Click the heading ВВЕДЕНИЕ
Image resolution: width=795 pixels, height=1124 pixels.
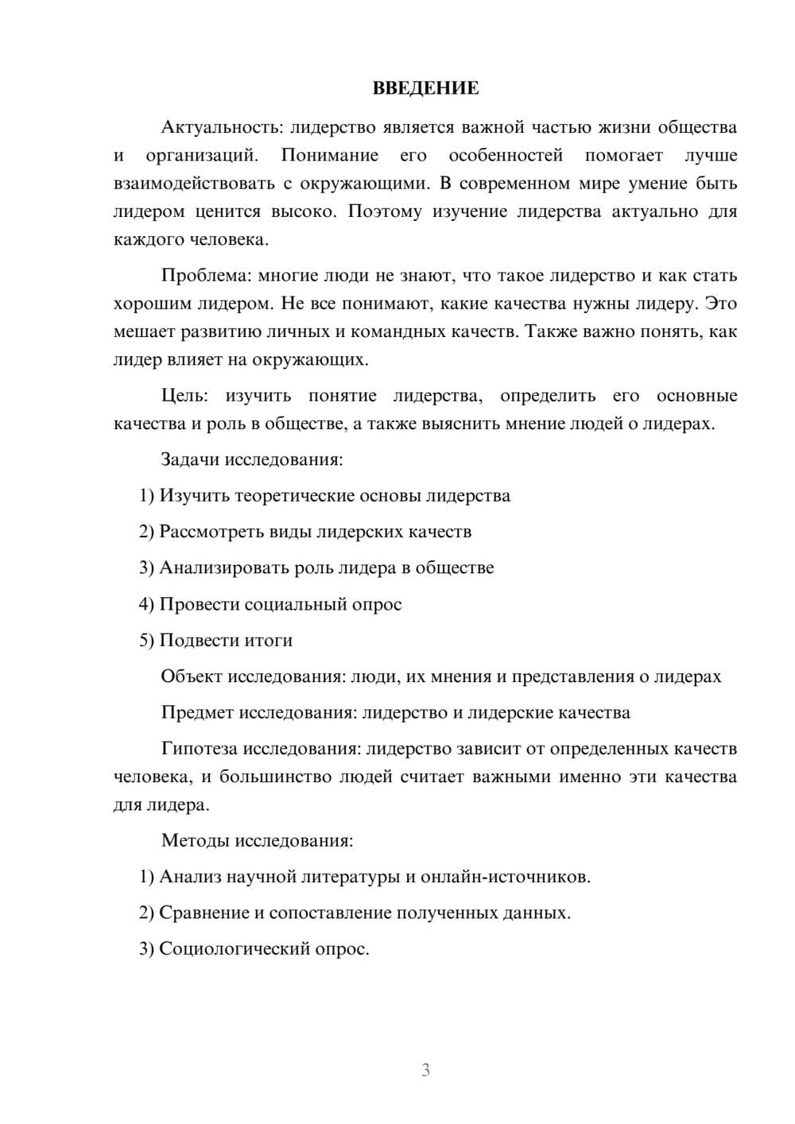[x=425, y=88]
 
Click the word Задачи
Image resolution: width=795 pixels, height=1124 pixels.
[x=191, y=459]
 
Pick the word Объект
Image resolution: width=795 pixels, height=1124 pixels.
[x=192, y=676]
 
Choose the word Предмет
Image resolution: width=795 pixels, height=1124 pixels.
[x=196, y=712]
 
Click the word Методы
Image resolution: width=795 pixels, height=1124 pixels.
[x=193, y=840]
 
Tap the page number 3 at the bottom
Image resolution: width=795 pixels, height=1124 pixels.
[x=425, y=1070]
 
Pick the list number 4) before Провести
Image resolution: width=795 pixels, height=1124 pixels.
[x=146, y=604]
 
